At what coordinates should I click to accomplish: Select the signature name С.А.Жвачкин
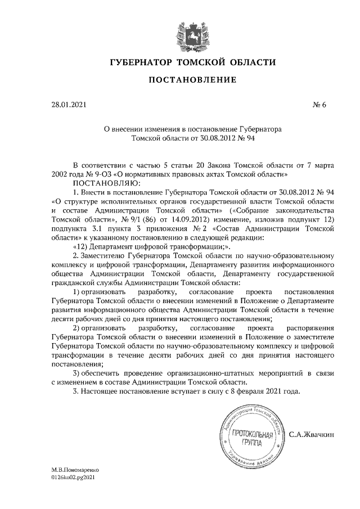312,435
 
